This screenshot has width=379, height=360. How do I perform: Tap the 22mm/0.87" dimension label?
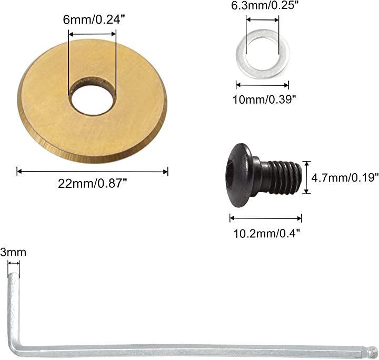[92, 184]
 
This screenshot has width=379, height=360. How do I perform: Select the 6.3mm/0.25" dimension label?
[264, 5]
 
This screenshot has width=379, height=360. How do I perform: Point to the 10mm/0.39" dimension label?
[264, 99]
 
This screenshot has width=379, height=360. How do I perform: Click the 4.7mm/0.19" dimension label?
[345, 178]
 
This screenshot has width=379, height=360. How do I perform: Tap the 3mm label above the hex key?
[13, 253]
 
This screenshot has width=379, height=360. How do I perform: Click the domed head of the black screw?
[240, 175]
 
